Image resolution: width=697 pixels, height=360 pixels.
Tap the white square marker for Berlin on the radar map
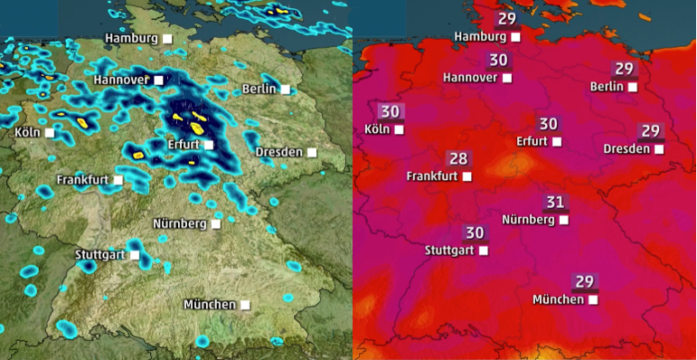(286, 89)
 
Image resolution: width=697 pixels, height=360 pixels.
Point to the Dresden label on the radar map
(279, 151)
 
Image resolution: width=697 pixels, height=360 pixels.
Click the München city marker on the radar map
(245, 305)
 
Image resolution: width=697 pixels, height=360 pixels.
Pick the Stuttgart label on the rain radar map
(99, 255)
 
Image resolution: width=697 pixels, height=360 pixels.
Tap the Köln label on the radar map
(28, 133)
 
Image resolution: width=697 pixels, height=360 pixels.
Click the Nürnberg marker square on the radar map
(216, 223)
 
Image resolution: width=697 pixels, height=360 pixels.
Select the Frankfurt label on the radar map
(83, 180)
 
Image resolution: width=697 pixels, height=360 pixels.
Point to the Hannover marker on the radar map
(159, 81)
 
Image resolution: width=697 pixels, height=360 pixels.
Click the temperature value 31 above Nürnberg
(554, 202)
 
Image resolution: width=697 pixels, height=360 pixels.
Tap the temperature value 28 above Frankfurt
(458, 159)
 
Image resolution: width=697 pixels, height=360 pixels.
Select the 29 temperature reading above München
(583, 281)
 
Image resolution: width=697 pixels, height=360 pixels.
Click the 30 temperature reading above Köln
(390, 112)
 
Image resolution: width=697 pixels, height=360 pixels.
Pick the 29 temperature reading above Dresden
(649, 131)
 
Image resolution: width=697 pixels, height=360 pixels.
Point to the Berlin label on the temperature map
(607, 87)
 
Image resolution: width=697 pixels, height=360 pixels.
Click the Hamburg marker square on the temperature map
(515, 37)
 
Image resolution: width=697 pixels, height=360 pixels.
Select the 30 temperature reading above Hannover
(498, 61)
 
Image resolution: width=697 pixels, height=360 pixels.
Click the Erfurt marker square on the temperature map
(557, 142)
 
